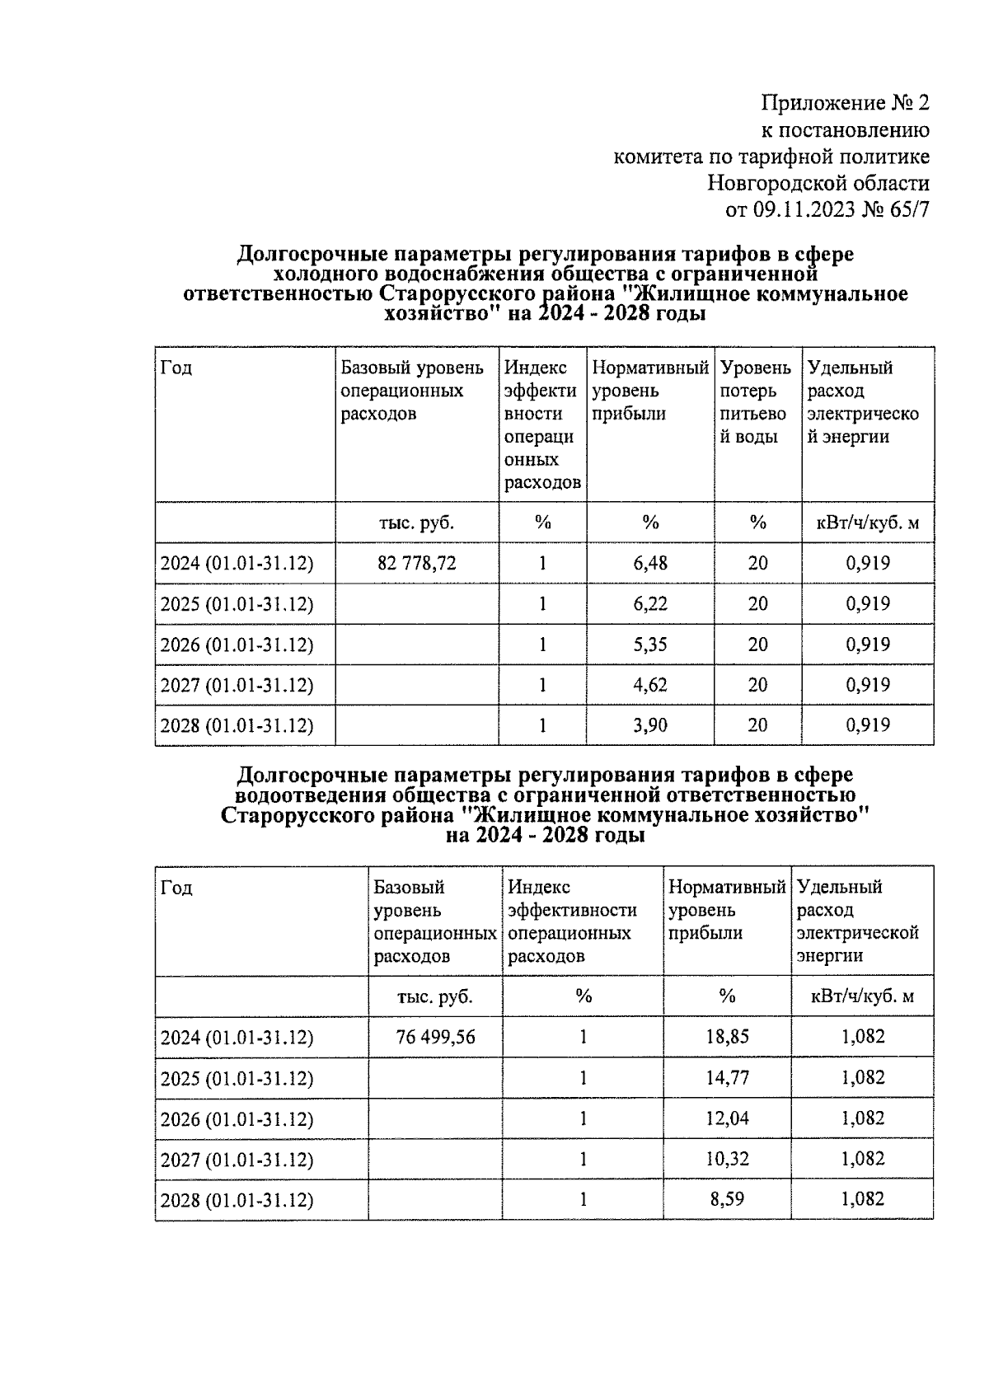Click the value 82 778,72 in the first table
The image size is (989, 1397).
[416, 564]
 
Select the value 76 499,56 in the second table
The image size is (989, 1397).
[435, 1037]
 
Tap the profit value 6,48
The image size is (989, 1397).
[650, 564]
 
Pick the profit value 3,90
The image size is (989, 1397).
[650, 725]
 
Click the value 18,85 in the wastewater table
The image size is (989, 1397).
[727, 1037]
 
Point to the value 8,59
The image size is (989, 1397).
[727, 1199]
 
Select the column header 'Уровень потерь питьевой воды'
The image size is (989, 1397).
[756, 402]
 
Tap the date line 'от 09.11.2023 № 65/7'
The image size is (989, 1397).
[827, 209]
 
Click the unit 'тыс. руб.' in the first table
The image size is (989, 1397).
[416, 523]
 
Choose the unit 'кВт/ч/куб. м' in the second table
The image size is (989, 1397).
[862, 996]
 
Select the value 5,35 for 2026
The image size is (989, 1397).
[650, 645]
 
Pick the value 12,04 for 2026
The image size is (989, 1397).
[727, 1118]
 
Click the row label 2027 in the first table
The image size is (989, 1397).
[237, 685]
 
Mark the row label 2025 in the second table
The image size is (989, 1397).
[237, 1078]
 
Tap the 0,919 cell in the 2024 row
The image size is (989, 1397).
[868, 564]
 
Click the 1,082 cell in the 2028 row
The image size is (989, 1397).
[862, 1199]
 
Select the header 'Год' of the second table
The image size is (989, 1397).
[176, 888]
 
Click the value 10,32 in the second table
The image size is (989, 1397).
[727, 1159]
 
